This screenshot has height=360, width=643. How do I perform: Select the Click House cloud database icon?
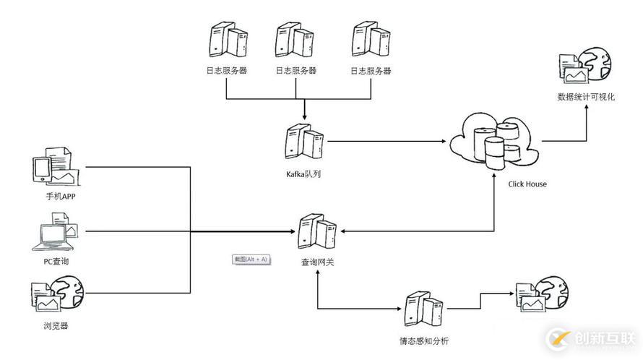coord(495,141)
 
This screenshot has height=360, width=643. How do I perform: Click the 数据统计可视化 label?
coord(586,97)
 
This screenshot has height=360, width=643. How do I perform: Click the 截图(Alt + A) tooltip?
coord(250,259)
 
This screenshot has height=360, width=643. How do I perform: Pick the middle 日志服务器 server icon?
coord(295,42)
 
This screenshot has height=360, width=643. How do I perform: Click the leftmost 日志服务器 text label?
coord(227,71)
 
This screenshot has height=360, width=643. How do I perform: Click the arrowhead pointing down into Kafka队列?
coord(304,117)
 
